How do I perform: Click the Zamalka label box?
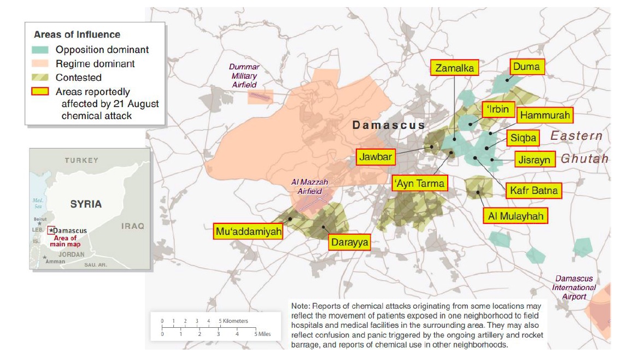point(455,68)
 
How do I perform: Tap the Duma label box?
point(526,67)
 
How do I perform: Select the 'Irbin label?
point(497,109)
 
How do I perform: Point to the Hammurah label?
point(544,115)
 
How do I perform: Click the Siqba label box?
point(523,137)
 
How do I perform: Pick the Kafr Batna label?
point(534,191)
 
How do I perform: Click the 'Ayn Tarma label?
point(419,183)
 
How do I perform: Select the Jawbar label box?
point(376,157)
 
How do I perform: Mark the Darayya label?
point(349,241)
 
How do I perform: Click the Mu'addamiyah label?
point(249,232)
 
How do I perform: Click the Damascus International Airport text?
point(573,287)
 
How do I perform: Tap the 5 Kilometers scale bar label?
point(234,321)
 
